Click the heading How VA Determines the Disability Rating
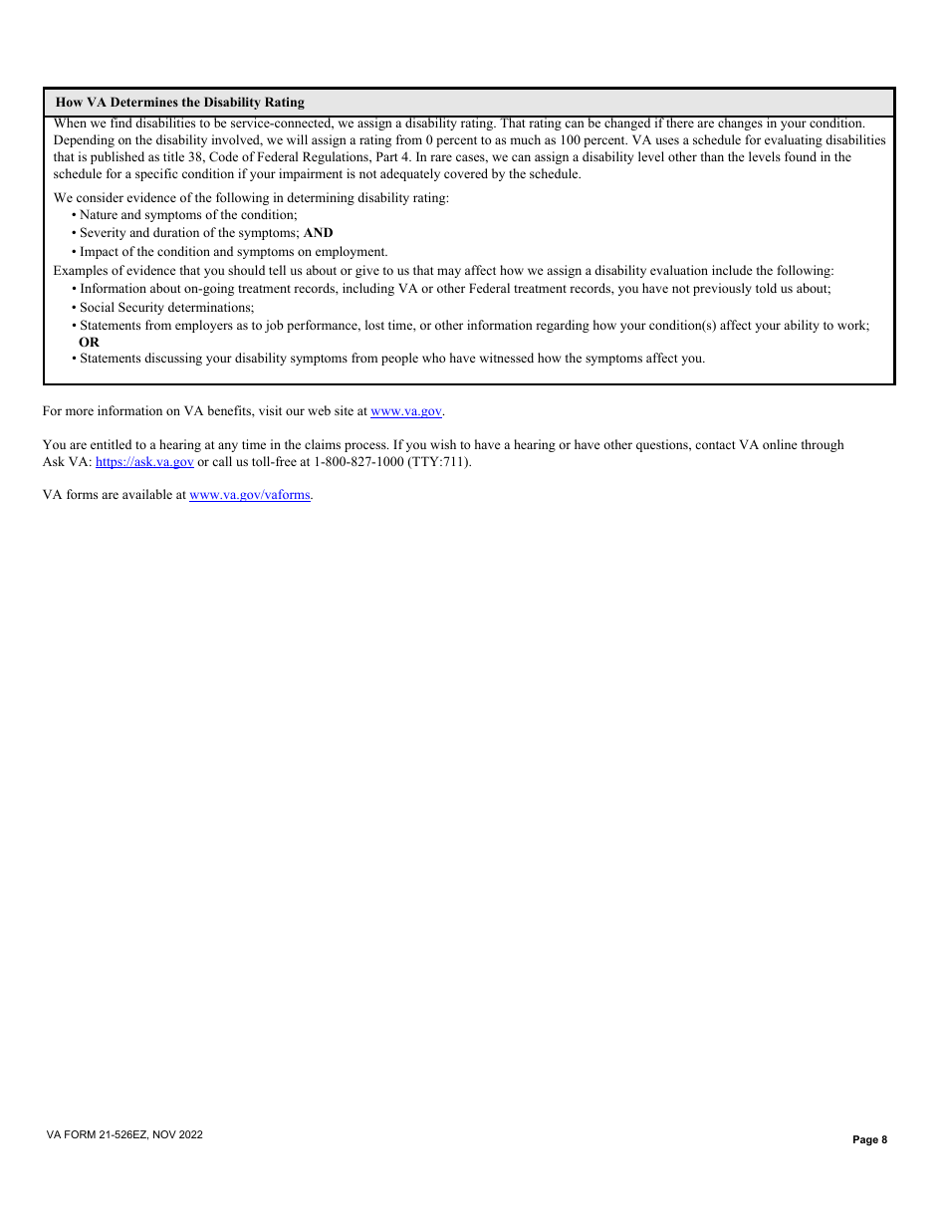[x=179, y=102]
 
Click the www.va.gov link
[x=406, y=411]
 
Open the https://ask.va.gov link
[x=144, y=462]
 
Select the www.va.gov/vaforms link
[x=250, y=495]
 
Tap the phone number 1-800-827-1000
[x=358, y=462]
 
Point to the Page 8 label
[x=869, y=1140]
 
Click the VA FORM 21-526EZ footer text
[x=124, y=1134]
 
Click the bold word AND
[x=318, y=233]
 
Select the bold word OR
[x=89, y=342]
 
